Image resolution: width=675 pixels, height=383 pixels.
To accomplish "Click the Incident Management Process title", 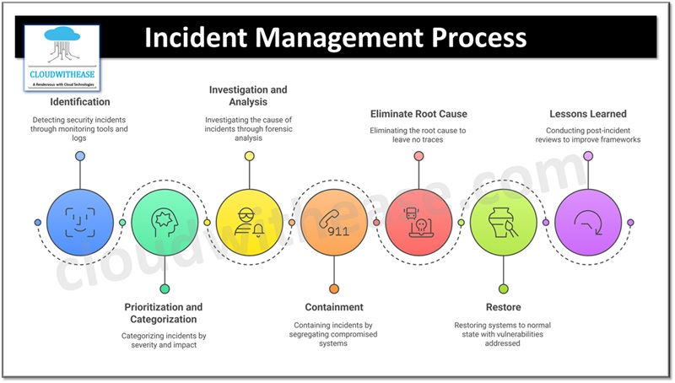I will tap(335, 39).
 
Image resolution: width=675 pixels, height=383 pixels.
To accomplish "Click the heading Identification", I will tap(80, 102).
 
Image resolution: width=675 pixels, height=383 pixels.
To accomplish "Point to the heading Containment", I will tap(334, 307).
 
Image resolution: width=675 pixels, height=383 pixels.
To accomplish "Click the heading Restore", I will tap(503, 307).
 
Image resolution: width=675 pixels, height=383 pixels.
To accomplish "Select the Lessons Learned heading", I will tap(588, 113).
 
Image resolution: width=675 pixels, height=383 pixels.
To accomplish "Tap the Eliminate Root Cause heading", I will tap(418, 113).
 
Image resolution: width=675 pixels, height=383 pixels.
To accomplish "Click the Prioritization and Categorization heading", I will tap(165, 313).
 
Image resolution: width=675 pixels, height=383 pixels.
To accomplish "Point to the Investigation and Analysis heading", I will tap(249, 95).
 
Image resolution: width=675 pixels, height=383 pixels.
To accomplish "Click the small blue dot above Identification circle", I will tap(80, 156).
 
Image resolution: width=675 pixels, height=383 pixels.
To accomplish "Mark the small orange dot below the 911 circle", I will tap(334, 289).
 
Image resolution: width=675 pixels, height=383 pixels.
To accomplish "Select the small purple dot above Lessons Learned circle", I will tap(588, 156).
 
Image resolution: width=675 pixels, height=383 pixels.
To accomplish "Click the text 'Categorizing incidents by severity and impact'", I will tap(165, 340).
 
